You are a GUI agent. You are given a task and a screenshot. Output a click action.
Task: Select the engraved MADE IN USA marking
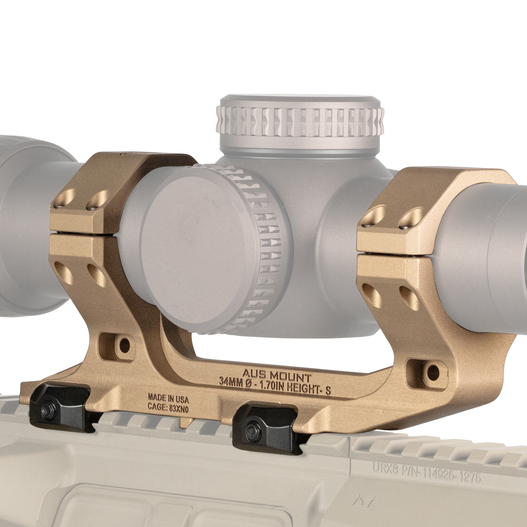coord(168,398)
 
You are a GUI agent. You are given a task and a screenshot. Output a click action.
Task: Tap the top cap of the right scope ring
coord(436,191)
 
